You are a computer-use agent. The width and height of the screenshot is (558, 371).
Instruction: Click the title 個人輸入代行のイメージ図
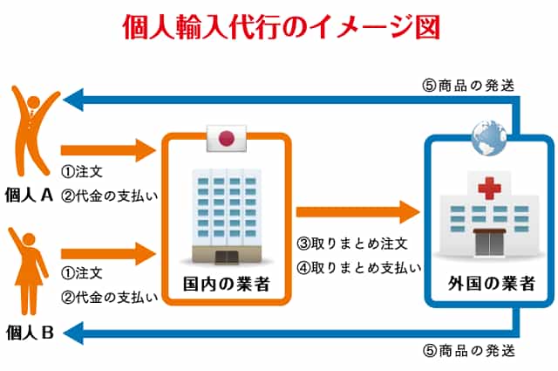pyautogui.click(x=280, y=26)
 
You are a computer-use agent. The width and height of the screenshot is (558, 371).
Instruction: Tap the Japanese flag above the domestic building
pyautogui.click(x=227, y=138)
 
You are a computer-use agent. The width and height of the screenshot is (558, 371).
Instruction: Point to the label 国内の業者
pyautogui.click(x=226, y=284)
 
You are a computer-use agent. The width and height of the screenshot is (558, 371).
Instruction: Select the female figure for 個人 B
pyautogui.click(x=29, y=271)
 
